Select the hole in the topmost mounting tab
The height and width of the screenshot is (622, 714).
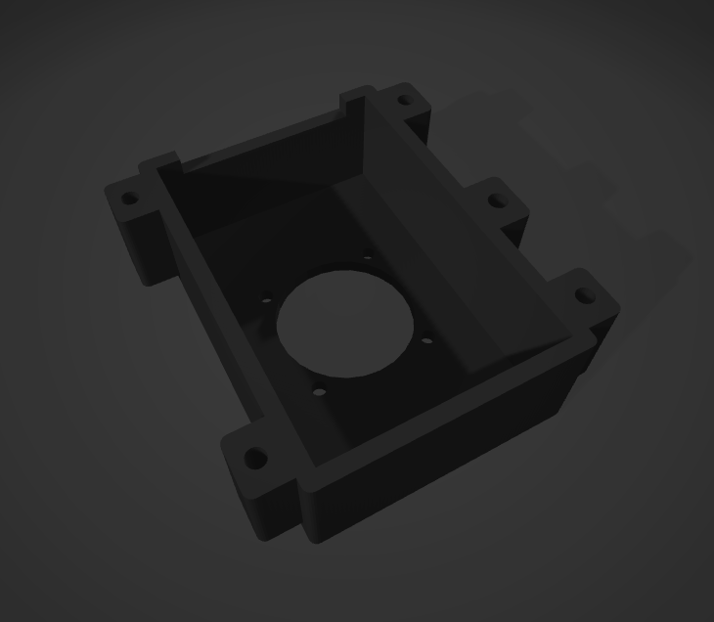click(402, 99)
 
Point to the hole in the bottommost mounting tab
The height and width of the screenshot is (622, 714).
click(255, 457)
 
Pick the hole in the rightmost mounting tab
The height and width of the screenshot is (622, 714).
click(584, 295)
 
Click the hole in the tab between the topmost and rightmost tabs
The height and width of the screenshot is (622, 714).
click(498, 201)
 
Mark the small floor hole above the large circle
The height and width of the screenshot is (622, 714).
click(368, 259)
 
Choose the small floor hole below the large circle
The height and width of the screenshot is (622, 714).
click(318, 391)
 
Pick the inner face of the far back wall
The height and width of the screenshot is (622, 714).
click(264, 186)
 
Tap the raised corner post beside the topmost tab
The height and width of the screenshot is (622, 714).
click(357, 99)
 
